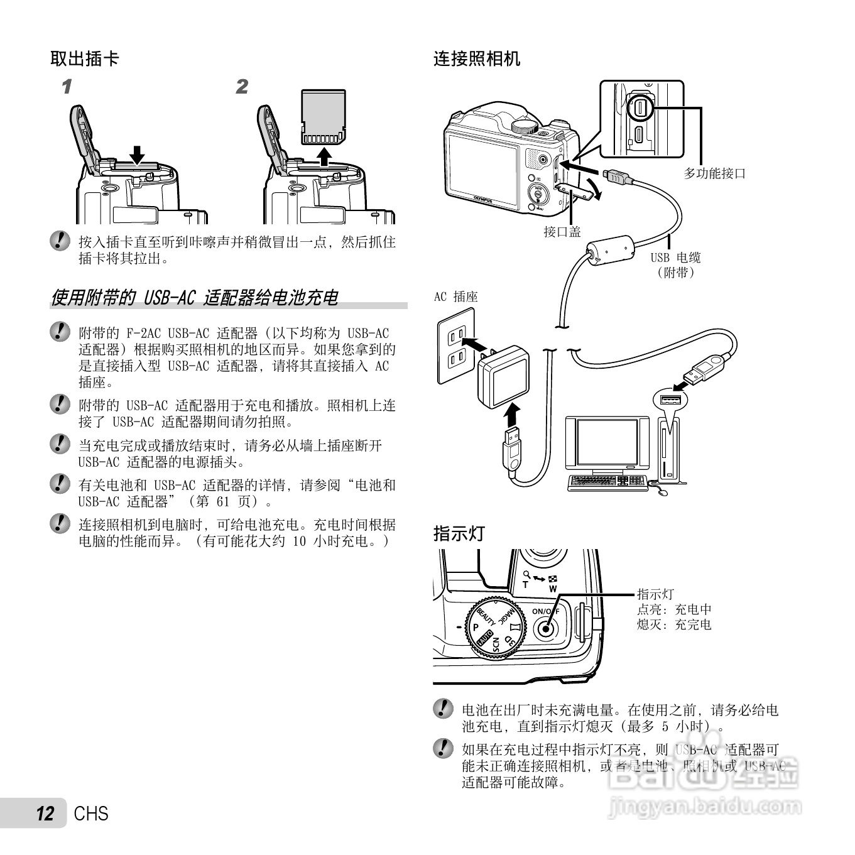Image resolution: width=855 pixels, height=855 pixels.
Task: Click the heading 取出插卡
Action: click(x=85, y=59)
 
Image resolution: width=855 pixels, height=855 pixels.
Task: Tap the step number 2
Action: click(x=242, y=87)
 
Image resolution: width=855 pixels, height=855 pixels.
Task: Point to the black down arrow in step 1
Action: click(x=137, y=155)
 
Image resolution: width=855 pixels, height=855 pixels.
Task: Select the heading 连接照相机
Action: click(x=477, y=59)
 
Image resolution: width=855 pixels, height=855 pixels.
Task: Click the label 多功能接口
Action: click(x=714, y=173)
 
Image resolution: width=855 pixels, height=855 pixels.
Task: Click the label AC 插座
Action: click(x=455, y=297)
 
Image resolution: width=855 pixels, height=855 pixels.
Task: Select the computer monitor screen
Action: click(x=607, y=442)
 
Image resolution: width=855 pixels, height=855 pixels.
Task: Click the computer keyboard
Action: click(x=607, y=482)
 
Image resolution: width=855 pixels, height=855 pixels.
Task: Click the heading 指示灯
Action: click(x=459, y=533)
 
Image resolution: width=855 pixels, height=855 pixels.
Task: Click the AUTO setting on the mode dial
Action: click(x=482, y=639)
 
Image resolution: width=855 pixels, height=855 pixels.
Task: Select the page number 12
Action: click(x=45, y=814)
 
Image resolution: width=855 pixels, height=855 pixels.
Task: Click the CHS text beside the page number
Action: click(x=91, y=814)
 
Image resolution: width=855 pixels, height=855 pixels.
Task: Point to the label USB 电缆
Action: click(x=675, y=258)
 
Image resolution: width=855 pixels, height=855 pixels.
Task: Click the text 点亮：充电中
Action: click(x=674, y=609)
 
